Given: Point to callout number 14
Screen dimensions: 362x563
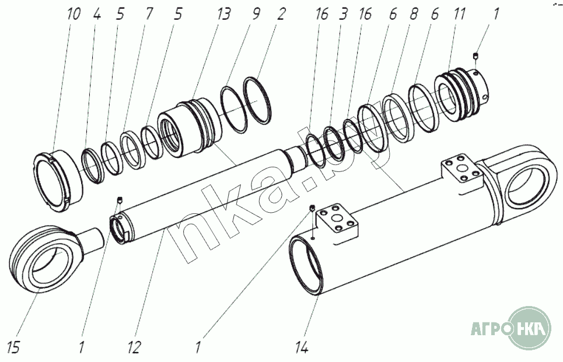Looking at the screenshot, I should click(302, 348).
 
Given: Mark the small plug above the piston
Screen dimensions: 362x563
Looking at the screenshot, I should click(476, 56).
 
